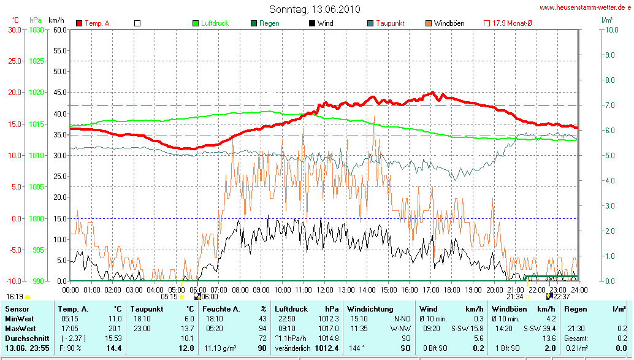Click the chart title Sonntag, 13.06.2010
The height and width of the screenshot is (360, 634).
click(315, 9)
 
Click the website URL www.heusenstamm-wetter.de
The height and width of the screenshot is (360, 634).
click(585, 8)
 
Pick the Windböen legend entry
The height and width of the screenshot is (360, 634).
click(449, 23)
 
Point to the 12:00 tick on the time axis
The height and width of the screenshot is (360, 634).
click(325, 289)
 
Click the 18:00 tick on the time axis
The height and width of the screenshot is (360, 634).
click(452, 289)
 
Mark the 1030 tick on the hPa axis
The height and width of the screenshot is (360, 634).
click(37, 29)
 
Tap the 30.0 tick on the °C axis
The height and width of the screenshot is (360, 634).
click(13, 29)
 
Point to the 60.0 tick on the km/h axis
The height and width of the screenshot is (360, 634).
click(59, 29)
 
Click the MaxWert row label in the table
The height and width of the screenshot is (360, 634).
click(20, 328)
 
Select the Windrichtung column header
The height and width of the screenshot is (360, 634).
click(370, 309)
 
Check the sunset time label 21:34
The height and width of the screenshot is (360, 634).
click(515, 296)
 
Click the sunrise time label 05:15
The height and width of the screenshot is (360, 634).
click(169, 296)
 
